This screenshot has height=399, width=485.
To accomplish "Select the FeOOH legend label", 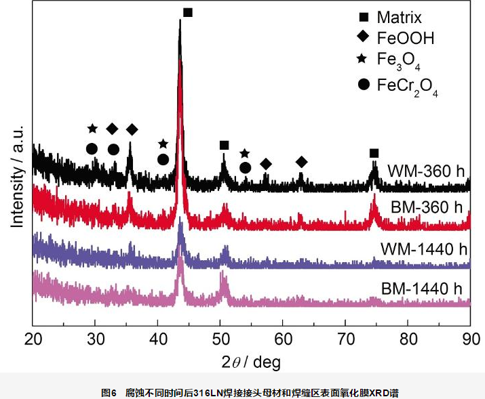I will (405, 39).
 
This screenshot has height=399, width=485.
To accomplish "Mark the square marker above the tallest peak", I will (188, 12).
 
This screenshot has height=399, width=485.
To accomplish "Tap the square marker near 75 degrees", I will (374, 153).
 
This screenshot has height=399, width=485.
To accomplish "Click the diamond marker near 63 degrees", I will (302, 161).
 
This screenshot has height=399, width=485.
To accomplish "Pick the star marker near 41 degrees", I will (163, 144).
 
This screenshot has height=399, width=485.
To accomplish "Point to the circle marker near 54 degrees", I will (246, 167).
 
